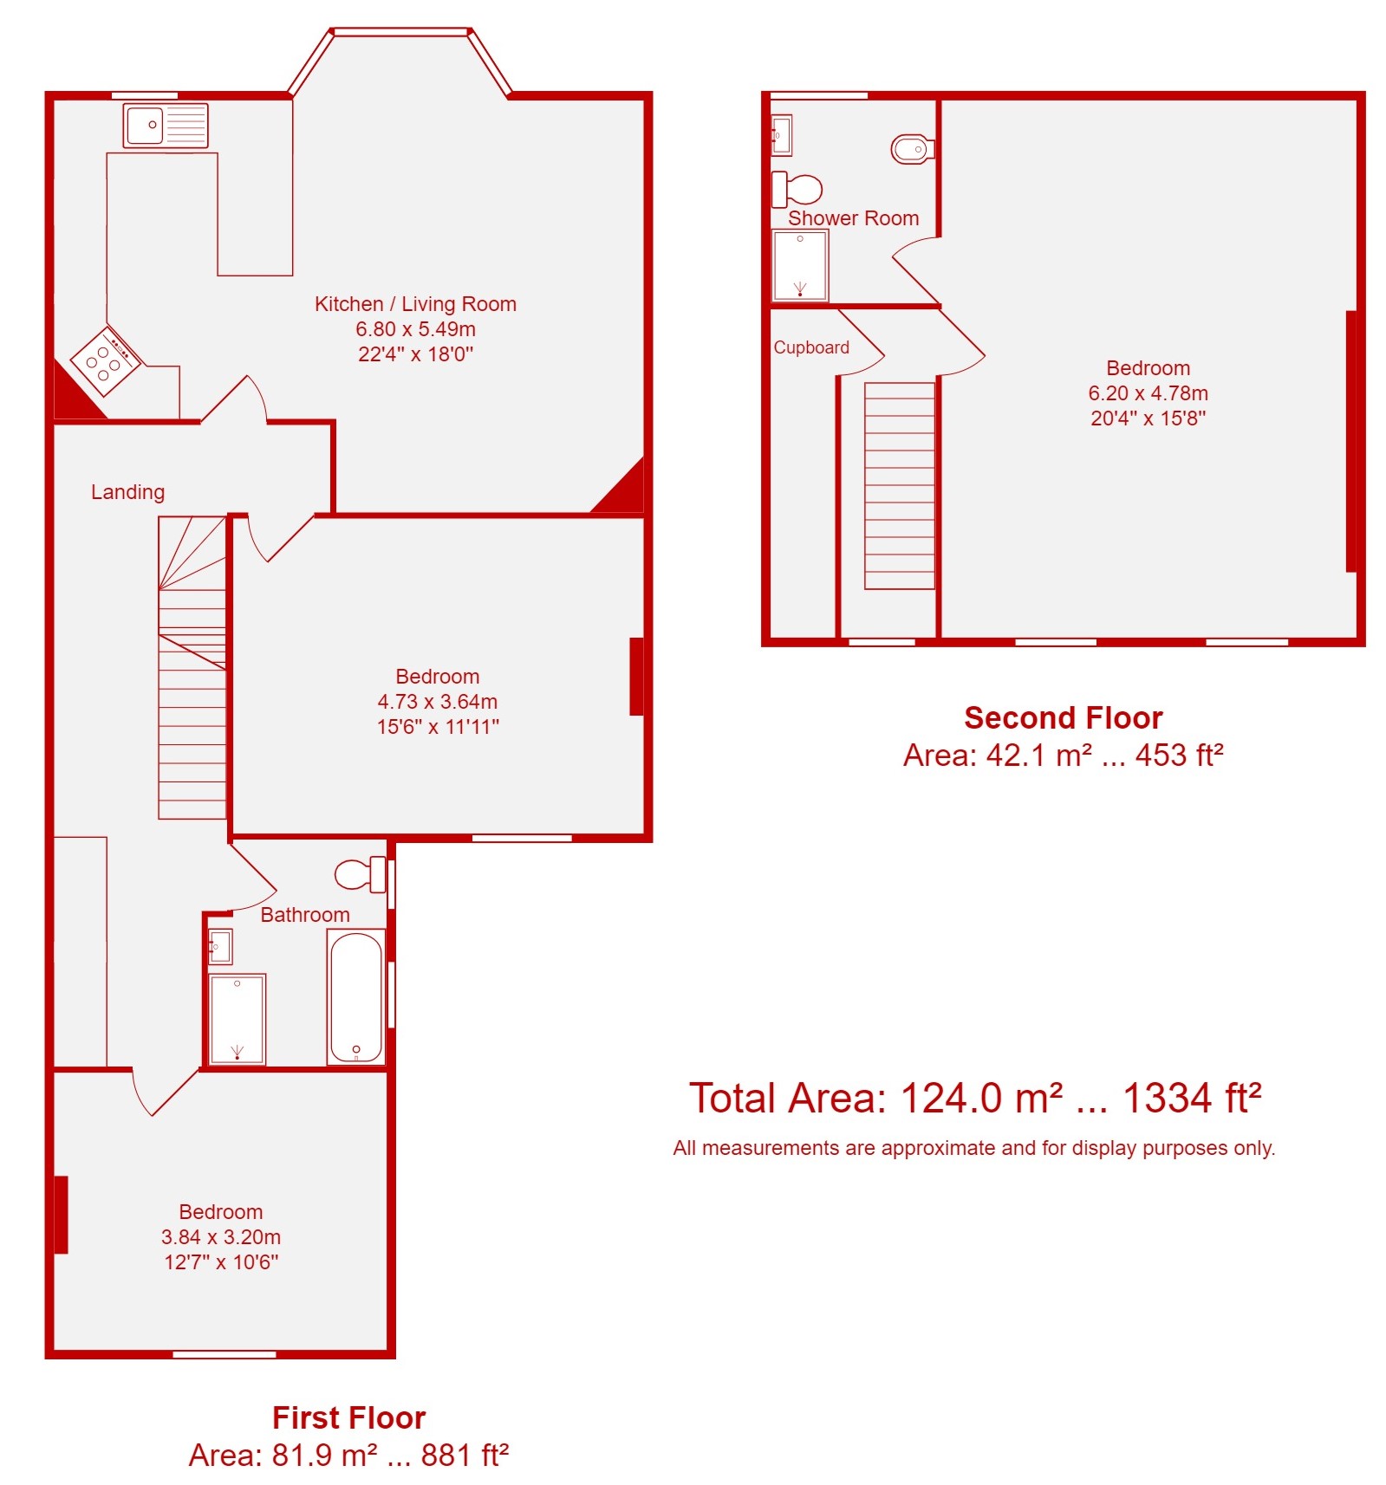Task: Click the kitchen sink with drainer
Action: point(166,126)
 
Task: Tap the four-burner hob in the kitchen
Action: point(106,360)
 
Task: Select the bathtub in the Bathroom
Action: point(356,996)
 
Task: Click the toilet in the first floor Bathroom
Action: point(361,873)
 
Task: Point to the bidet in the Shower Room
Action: point(913,149)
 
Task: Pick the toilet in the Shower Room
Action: point(797,189)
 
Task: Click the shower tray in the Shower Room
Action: point(800,264)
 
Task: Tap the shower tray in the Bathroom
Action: point(238,1019)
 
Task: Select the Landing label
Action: point(127,492)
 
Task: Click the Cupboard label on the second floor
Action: point(811,347)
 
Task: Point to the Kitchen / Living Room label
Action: point(415,304)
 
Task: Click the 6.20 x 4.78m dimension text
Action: point(1148,393)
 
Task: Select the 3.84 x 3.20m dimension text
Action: point(221,1237)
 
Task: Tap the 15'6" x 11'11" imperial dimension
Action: point(438,727)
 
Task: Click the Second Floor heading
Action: point(1063,717)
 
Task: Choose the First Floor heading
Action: point(348,1417)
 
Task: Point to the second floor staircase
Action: point(900,486)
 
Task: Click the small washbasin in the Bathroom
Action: point(220,946)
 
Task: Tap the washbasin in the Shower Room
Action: point(781,135)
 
